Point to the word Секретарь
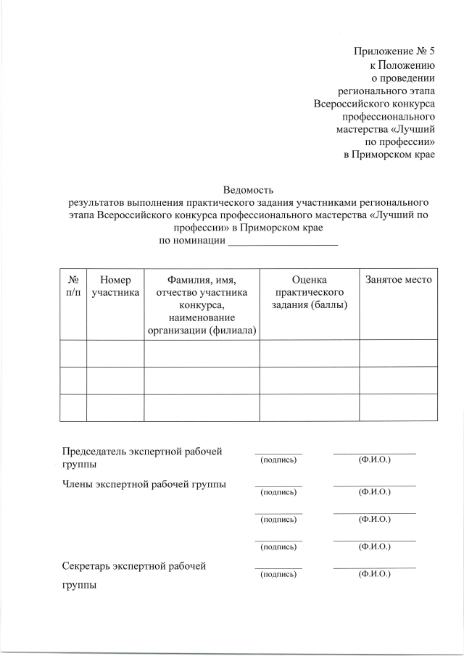(88, 565)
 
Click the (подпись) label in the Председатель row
(278, 460)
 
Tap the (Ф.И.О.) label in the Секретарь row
(374, 574)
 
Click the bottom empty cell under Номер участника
(115, 407)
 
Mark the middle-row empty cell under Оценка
(309, 380)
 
